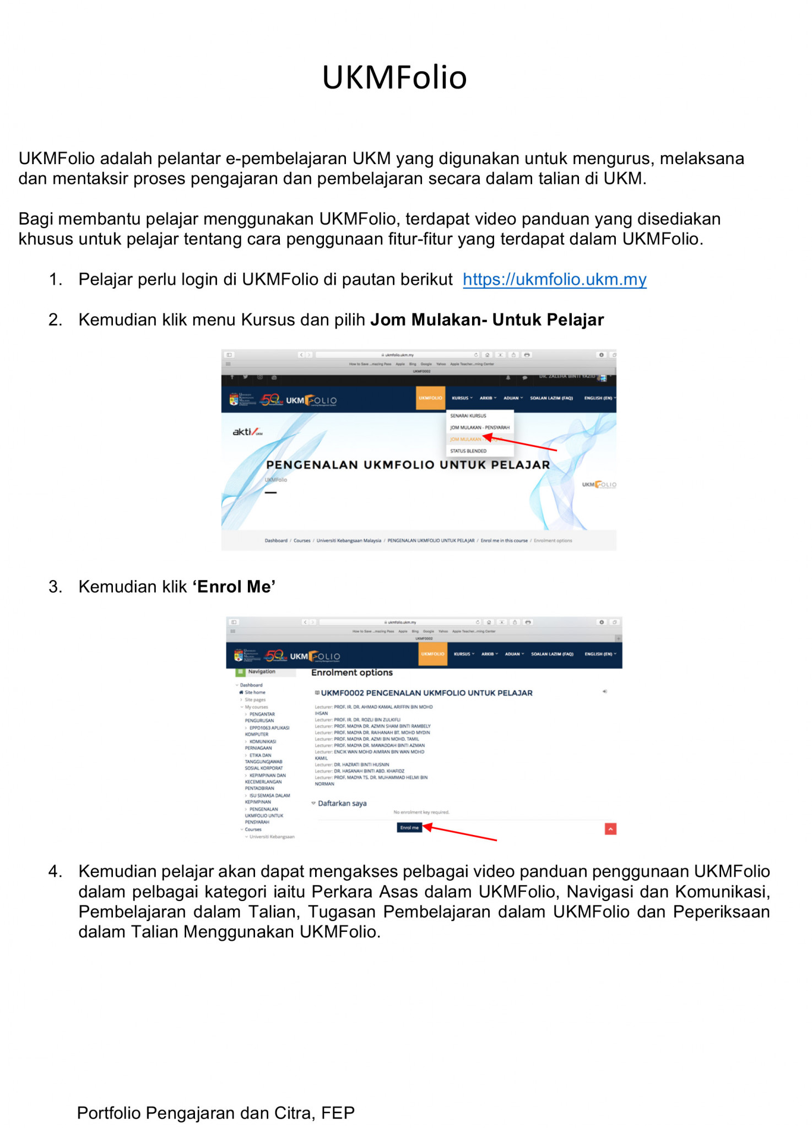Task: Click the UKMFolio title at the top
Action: click(x=394, y=77)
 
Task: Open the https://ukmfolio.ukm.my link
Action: click(x=554, y=279)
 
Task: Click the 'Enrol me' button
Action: click(x=409, y=827)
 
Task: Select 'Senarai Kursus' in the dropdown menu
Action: click(x=468, y=416)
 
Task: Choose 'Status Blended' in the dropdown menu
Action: click(x=468, y=451)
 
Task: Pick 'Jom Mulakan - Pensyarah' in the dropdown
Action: click(x=479, y=427)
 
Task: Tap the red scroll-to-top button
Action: click(x=610, y=829)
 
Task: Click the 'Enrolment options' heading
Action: click(x=351, y=673)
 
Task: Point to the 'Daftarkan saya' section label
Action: click(x=342, y=804)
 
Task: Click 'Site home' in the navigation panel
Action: click(x=255, y=692)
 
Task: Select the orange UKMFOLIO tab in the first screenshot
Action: click(x=430, y=398)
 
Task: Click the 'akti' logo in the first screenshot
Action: click(x=247, y=432)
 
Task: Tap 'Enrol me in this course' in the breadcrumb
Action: click(x=504, y=541)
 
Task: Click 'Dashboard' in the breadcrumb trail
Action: click(x=275, y=541)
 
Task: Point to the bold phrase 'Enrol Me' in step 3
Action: click(x=234, y=587)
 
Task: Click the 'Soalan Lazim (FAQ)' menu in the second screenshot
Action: click(x=552, y=654)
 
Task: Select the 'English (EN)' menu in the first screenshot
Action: click(x=599, y=398)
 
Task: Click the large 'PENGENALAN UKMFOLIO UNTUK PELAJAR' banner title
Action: click(x=408, y=465)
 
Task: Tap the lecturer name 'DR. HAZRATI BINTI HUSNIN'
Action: click(x=361, y=764)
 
